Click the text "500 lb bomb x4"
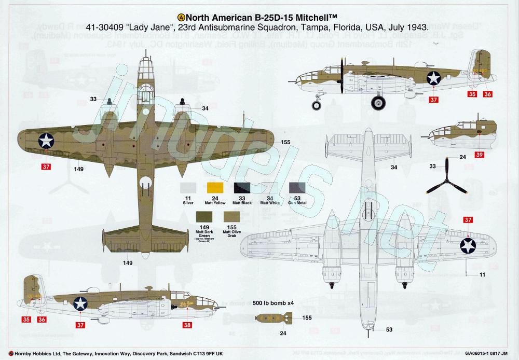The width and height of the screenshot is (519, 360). pyautogui.click(x=273, y=302)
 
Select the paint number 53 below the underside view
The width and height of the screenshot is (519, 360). pyautogui.click(x=389, y=329)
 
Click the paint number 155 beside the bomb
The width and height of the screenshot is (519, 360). pyautogui.click(x=307, y=317)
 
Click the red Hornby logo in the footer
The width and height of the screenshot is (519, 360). pyautogui.click(x=4, y=353)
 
